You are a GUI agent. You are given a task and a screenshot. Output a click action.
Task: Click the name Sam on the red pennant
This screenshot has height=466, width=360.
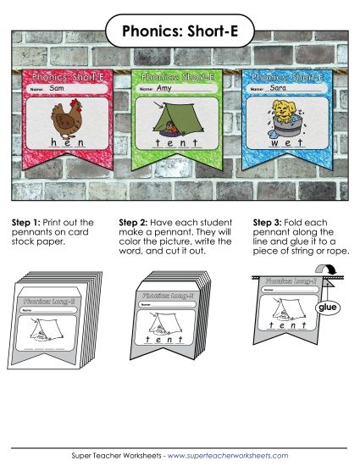click(x=57, y=88)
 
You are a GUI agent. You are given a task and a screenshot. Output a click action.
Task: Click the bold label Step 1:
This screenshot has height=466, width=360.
click(x=25, y=222)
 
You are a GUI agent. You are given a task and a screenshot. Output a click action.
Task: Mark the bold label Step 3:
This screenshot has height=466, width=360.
click(x=268, y=222)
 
